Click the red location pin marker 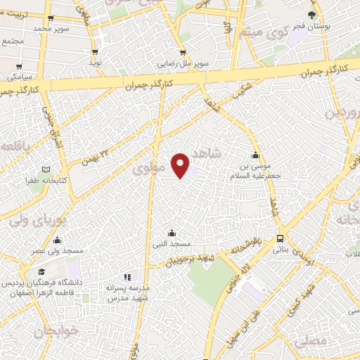pyautogui.click(x=181, y=165)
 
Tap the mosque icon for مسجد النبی pyautogui.click(x=172, y=233)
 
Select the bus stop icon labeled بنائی pyautogui.click(x=280, y=238)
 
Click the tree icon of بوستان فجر pyautogui.click(x=311, y=15)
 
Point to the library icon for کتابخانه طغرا pyautogui.click(x=46, y=169)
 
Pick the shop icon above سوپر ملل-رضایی pyautogui.click(x=183, y=52)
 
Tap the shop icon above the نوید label pyautogui.click(x=94, y=52)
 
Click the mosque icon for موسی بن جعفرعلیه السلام pyautogui.click(x=255, y=155)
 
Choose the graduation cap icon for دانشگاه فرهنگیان pyautogui.click(x=41, y=272)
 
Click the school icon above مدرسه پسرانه pyautogui.click(x=127, y=277)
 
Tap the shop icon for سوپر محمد pyautogui.click(x=51, y=19)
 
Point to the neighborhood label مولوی pyautogui.click(x=149, y=169)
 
